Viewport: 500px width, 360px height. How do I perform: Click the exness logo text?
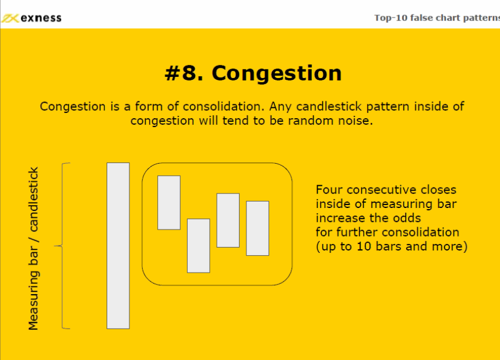point(41,18)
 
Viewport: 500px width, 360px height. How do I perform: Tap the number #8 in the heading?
point(184,73)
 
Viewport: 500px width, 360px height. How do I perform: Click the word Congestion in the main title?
point(276,74)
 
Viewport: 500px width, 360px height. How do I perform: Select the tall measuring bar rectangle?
point(118,245)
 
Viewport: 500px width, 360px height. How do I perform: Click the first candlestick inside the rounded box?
point(169,203)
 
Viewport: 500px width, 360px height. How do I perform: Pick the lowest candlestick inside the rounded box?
point(198,245)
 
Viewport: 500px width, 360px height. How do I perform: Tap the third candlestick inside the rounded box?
point(228,220)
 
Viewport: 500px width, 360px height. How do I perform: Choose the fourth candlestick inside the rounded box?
point(258,228)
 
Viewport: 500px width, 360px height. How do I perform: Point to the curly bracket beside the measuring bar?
point(62,246)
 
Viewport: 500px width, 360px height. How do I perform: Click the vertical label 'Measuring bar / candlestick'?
point(33,248)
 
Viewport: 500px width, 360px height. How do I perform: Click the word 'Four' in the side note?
point(329,190)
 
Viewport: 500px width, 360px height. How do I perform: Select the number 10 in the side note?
point(364,246)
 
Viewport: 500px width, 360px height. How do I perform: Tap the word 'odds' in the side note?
point(407,218)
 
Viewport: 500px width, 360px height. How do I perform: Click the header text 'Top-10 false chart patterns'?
point(437,18)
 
